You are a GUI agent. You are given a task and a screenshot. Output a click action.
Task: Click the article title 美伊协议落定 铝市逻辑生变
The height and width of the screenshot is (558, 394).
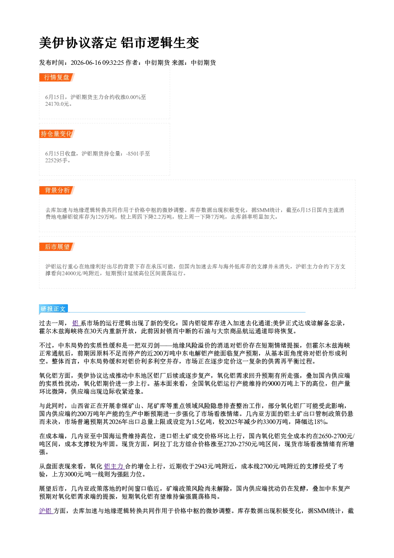coord(119,43)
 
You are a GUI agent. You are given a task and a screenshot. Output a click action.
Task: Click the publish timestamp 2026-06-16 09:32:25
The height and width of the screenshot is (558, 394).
coord(97,62)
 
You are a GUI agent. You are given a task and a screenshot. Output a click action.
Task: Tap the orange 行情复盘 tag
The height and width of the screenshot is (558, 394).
coord(57,77)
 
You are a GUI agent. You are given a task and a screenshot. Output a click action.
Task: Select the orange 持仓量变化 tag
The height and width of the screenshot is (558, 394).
coord(57,134)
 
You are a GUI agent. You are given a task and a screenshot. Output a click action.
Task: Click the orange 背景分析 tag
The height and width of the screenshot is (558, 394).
coord(57,191)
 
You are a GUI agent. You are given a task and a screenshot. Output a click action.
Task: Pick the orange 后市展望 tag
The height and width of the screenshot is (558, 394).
coord(57,247)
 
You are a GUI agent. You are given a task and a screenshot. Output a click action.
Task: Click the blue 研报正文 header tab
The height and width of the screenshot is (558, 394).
coord(53,309)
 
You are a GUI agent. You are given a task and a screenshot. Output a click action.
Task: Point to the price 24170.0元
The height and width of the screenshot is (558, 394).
coord(57,104)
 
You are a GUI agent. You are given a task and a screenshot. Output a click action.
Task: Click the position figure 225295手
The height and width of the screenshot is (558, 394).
coord(56,161)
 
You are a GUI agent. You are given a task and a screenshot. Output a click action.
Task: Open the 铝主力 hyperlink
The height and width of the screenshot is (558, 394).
coord(114,467)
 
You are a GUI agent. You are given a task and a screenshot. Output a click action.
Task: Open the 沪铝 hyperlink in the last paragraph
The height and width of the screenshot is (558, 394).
coord(46,511)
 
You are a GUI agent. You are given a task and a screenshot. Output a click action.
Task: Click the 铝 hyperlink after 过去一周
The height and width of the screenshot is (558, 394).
coord(75,323)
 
